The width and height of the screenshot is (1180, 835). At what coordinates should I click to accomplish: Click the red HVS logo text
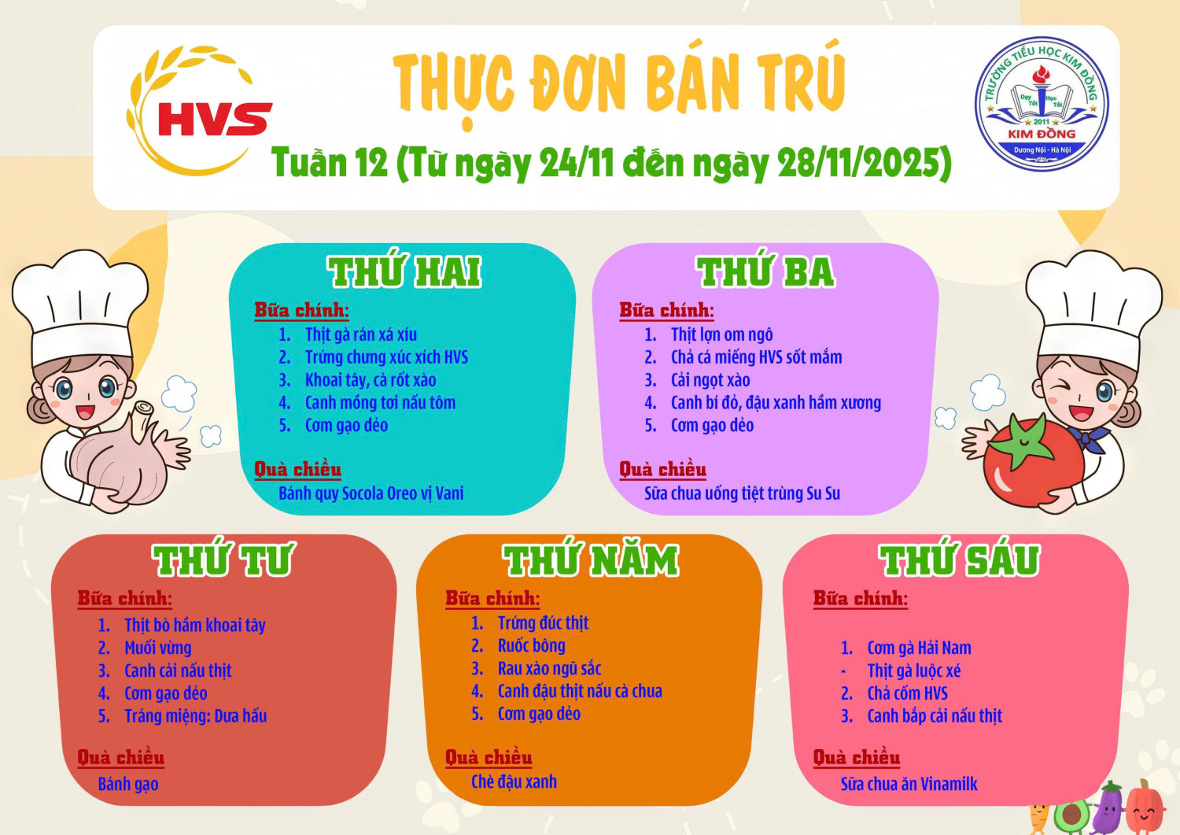tap(214, 119)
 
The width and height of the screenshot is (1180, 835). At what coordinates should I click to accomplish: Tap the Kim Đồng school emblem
tap(1042, 103)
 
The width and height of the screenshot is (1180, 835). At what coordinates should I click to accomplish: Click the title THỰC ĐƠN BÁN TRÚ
tap(618, 83)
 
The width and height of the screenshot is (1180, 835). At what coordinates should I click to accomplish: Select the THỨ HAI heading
tap(404, 272)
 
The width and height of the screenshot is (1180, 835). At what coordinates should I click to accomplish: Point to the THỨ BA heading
tap(765, 272)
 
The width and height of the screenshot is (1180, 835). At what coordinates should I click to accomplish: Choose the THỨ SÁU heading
tap(959, 560)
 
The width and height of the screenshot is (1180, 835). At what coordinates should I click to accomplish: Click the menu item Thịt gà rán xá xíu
tap(360, 334)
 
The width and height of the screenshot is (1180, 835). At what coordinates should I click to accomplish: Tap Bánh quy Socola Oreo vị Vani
tap(371, 493)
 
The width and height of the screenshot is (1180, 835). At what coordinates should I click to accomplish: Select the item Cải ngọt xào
tap(710, 380)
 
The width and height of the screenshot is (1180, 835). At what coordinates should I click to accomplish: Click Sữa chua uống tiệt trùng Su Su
tap(742, 493)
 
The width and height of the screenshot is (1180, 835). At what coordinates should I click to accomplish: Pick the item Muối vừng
tap(157, 648)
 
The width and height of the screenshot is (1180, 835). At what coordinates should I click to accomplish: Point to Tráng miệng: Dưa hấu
tap(195, 716)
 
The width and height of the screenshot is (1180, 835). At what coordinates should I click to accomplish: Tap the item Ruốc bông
tap(531, 646)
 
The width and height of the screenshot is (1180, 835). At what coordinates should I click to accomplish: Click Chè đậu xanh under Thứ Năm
tap(514, 781)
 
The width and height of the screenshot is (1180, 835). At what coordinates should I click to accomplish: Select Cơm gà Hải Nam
tap(919, 648)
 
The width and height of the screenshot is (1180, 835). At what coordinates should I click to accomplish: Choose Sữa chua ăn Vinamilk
tap(909, 784)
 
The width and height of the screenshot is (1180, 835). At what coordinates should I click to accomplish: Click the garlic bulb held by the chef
tap(118, 464)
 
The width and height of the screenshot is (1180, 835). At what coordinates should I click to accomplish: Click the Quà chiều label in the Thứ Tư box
tap(120, 757)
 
